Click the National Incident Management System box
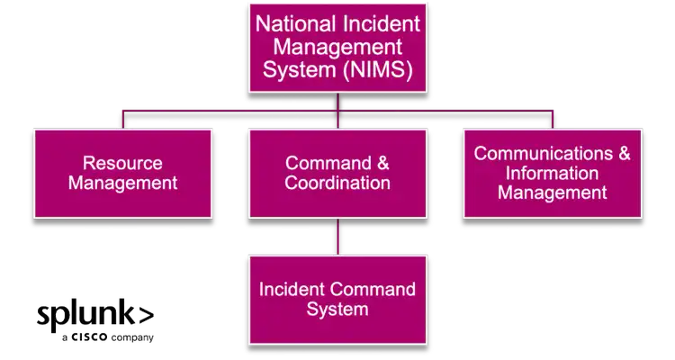point(337,46)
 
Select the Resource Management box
point(122,174)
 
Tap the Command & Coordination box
point(337,174)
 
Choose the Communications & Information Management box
point(552,174)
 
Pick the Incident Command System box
point(337,300)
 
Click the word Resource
point(122,164)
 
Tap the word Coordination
point(337,184)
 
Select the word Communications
point(539,154)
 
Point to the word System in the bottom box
point(337,310)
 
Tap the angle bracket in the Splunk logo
point(147,314)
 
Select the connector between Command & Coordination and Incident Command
point(337,236)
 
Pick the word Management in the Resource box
point(122,184)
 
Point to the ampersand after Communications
point(624,154)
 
